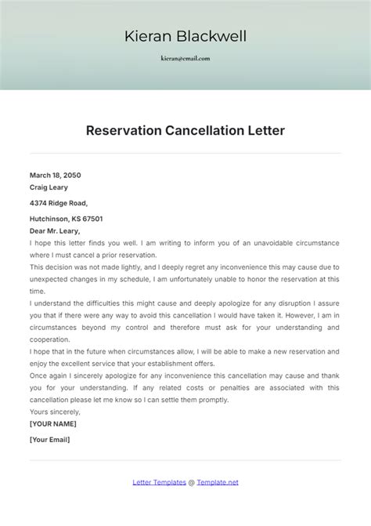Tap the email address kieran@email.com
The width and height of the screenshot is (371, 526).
(x=185, y=59)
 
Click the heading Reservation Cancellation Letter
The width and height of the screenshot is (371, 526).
(x=185, y=130)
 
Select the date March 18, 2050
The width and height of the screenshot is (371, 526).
(x=56, y=175)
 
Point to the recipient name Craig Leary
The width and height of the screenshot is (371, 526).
(x=49, y=187)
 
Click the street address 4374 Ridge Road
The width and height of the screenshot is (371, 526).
(x=64, y=203)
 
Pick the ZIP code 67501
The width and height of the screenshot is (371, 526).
(x=92, y=219)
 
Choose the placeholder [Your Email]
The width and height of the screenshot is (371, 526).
(x=50, y=440)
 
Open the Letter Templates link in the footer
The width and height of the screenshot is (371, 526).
(x=159, y=483)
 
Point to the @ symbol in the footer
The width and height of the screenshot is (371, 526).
(x=192, y=483)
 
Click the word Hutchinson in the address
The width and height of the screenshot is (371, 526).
(x=50, y=219)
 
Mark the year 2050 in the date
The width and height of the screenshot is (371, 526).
(x=71, y=175)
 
